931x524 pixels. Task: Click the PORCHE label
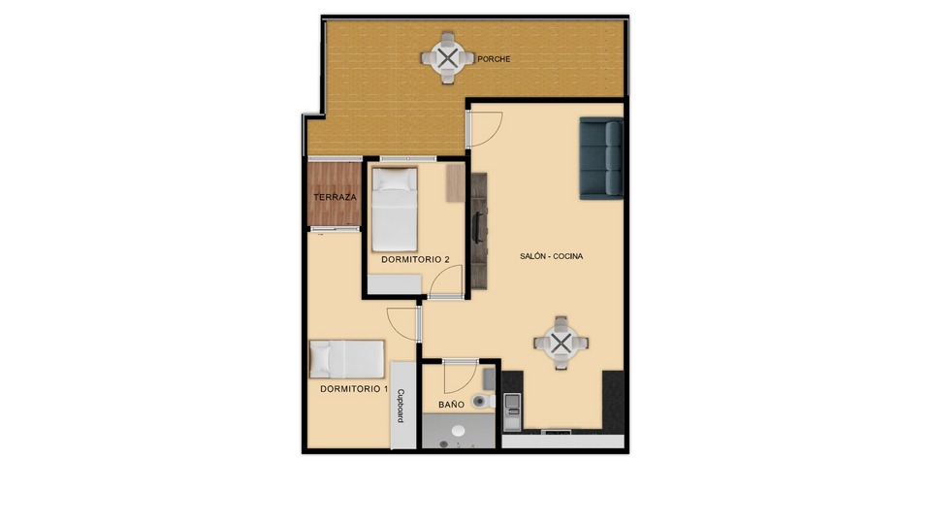(x=494, y=59)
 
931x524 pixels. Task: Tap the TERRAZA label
(x=335, y=197)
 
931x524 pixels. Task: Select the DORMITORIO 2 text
(x=415, y=260)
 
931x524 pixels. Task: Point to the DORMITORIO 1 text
(x=354, y=389)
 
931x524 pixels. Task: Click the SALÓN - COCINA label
(x=551, y=256)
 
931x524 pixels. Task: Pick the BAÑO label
(x=451, y=405)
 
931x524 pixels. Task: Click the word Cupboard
(x=401, y=406)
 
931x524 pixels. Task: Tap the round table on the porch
(x=448, y=57)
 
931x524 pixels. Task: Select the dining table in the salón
(x=562, y=343)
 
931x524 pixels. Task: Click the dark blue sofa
(x=601, y=158)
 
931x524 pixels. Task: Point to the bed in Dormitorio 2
(x=395, y=210)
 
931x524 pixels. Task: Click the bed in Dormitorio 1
(x=347, y=359)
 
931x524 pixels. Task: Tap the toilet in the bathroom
(x=483, y=401)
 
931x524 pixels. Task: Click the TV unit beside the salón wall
(x=479, y=231)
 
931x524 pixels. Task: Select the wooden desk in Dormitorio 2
(x=456, y=182)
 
